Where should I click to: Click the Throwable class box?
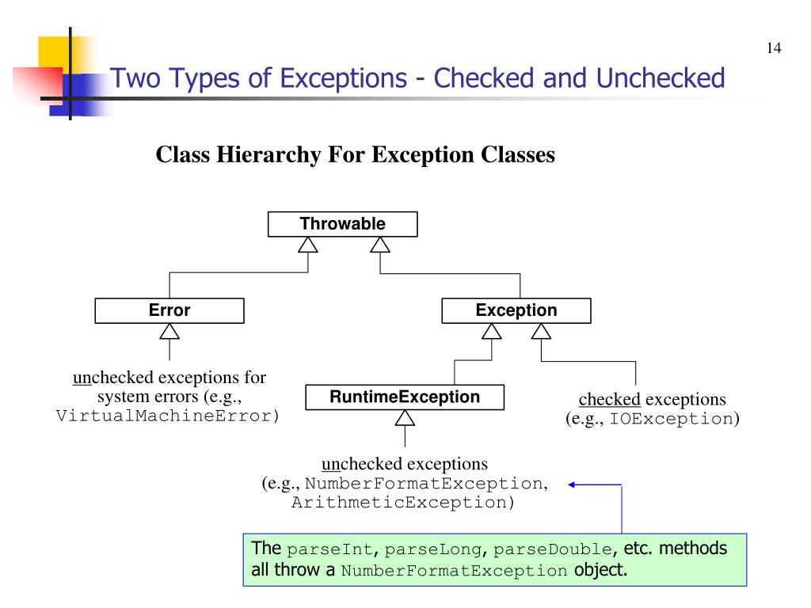(x=342, y=225)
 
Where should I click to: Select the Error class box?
(x=169, y=311)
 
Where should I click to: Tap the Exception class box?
(x=516, y=311)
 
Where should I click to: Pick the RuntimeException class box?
(x=405, y=397)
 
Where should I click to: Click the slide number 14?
(x=774, y=50)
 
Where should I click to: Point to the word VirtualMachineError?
(x=165, y=417)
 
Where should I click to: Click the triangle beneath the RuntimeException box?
(x=405, y=417)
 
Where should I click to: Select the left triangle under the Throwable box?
(x=307, y=245)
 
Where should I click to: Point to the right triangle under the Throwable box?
(x=380, y=245)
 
